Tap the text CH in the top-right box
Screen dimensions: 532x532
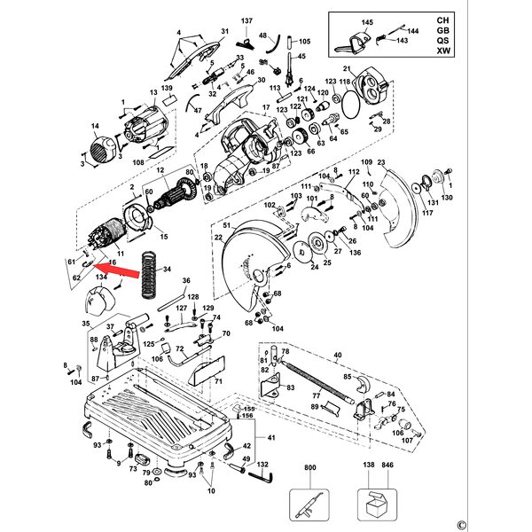442,19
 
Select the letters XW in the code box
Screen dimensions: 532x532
442,51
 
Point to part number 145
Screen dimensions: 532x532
366,22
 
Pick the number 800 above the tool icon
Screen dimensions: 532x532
309,466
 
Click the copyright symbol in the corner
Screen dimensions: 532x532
512,523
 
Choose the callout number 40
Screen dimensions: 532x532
337,356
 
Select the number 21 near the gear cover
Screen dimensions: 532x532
348,68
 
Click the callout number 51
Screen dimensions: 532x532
227,226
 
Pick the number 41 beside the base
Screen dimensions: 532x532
271,439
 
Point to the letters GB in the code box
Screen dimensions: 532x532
442,29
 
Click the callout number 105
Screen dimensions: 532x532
305,42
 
